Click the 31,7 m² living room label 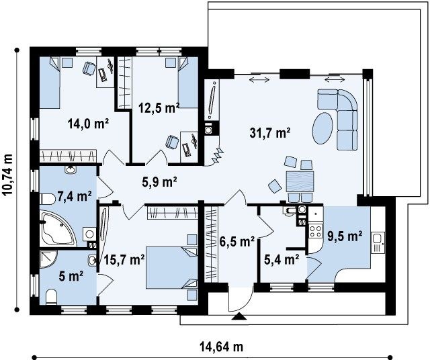(x=270, y=133)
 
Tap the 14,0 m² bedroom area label (x=88, y=124)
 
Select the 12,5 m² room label (x=159, y=108)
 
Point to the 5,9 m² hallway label (x=159, y=181)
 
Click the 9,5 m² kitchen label (x=345, y=236)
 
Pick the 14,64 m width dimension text (x=221, y=347)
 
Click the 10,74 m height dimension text (x=8, y=175)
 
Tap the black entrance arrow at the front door (x=239, y=316)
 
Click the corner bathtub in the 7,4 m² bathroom (x=59, y=229)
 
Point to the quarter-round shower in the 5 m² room (x=48, y=259)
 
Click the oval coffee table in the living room (x=322, y=128)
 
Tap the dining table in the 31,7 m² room (x=300, y=181)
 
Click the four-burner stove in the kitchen (x=315, y=231)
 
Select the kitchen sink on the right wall (x=378, y=242)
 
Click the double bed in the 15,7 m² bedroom (x=171, y=267)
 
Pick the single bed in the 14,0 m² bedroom (x=50, y=82)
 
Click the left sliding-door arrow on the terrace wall (x=259, y=79)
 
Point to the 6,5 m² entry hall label (x=237, y=242)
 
